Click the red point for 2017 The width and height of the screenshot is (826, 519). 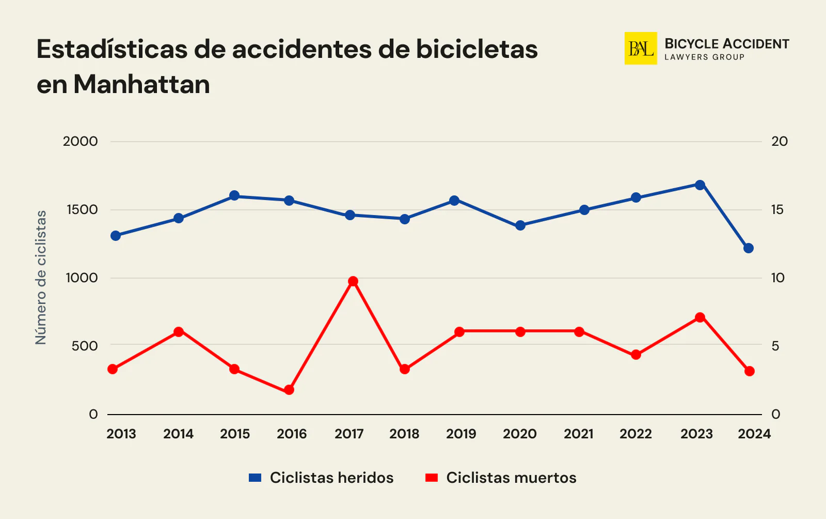click(353, 281)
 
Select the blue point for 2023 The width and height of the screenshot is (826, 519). click(700, 185)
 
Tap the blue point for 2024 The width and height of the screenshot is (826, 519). click(749, 248)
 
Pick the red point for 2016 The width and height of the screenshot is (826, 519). click(289, 390)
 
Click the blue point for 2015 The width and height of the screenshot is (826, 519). click(234, 195)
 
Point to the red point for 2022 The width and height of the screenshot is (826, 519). click(636, 355)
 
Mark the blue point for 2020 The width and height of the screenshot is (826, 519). click(520, 225)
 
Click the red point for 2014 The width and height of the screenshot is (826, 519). click(179, 332)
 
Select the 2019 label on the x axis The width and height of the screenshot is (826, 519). click(461, 434)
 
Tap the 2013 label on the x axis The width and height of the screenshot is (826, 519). click(121, 434)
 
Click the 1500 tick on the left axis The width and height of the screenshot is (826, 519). click(80, 209)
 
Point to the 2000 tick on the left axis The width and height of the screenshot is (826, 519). click(80, 141)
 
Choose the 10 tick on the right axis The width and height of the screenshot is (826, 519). click(777, 278)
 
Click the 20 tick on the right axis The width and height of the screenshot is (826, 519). click(779, 141)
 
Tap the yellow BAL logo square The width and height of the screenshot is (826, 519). click(641, 48)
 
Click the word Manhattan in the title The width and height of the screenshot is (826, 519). click(141, 84)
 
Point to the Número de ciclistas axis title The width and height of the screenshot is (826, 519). click(41, 277)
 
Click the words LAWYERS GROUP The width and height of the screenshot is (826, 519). click(704, 57)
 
